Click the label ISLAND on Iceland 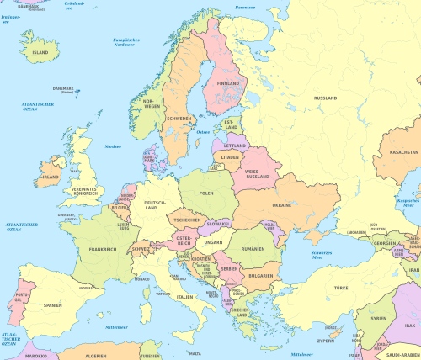[x=40, y=51]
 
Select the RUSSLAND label [x=326, y=98]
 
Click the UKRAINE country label [x=281, y=205]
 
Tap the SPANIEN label [x=53, y=305]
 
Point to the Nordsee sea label [x=112, y=146]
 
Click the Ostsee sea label [x=203, y=132]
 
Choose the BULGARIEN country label [x=260, y=274]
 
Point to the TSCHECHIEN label [x=185, y=220]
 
